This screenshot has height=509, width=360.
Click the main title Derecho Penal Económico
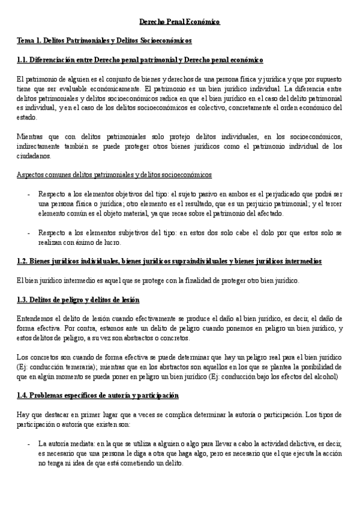point(180,22)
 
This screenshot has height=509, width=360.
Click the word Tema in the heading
point(26,41)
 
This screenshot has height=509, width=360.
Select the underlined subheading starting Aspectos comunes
point(114,175)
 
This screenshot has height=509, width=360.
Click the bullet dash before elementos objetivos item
point(29,194)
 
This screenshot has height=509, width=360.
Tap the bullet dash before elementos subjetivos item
point(29,233)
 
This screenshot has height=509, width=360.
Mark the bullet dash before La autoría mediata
point(29,444)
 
